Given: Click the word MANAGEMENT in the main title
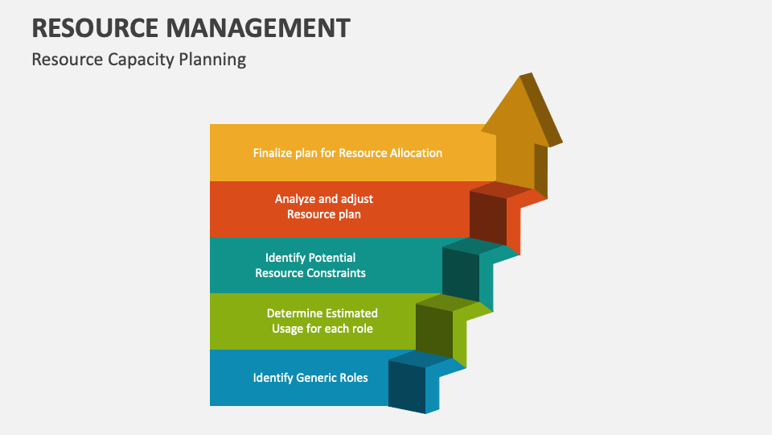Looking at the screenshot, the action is [258, 27].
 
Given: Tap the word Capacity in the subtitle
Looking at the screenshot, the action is [141, 60].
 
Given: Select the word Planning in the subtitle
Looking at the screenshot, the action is [212, 60].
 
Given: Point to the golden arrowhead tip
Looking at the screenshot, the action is [520, 76].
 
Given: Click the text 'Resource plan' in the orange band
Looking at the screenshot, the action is [324, 214].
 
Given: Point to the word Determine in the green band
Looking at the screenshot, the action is [294, 313].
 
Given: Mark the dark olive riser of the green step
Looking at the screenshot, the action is [434, 331].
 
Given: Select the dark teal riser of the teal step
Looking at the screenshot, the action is [461, 275].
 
